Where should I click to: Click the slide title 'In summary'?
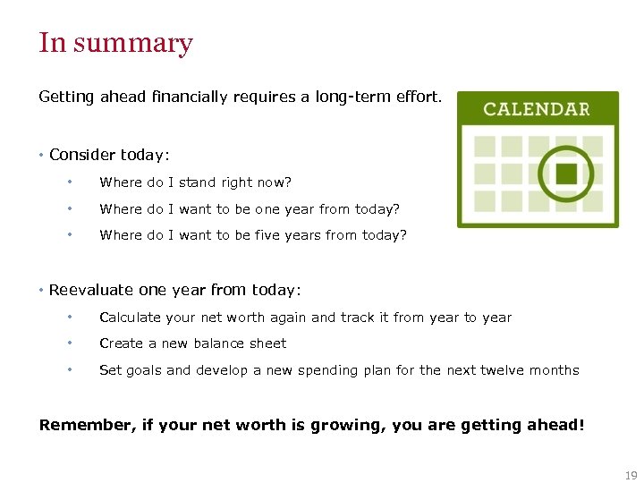(x=115, y=43)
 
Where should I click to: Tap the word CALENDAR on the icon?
(x=537, y=109)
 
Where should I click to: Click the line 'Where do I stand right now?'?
(x=195, y=182)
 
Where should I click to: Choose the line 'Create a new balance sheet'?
(x=192, y=343)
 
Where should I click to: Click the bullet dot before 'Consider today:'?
(x=42, y=156)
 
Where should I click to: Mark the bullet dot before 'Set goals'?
(x=69, y=370)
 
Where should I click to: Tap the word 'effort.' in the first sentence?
(x=418, y=97)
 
